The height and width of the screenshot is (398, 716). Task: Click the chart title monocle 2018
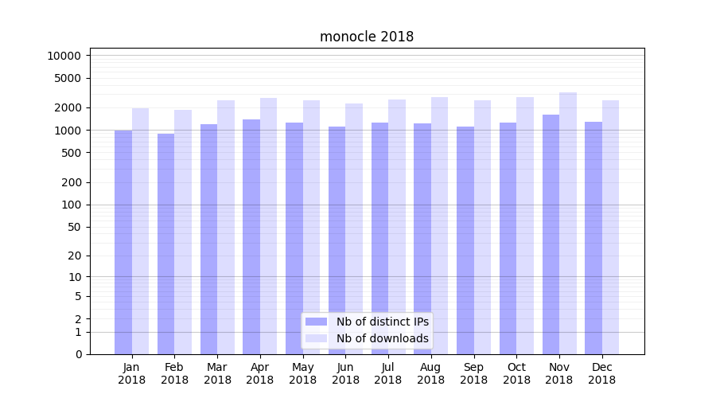367,37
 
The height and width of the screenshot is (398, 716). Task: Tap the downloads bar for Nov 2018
568,223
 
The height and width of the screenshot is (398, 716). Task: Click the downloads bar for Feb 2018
183,232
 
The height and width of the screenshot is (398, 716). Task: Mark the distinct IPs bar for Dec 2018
593,238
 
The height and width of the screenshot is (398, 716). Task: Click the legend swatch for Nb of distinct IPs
317,322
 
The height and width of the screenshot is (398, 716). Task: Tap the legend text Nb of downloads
383,338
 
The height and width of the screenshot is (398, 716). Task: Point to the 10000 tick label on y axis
64,56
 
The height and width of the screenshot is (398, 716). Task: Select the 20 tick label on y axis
73,256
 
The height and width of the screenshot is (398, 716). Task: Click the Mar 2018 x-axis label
217,373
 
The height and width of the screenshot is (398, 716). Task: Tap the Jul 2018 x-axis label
388,373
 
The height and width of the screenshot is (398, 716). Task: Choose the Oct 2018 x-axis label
516,373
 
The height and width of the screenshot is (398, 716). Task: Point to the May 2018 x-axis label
302,373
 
